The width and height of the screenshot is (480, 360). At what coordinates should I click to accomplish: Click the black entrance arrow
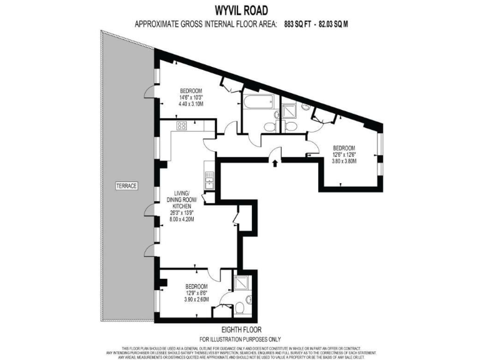tap(274, 162)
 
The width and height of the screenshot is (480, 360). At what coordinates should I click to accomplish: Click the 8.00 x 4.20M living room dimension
tap(182, 220)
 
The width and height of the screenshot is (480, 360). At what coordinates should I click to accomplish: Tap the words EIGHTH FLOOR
tap(241, 329)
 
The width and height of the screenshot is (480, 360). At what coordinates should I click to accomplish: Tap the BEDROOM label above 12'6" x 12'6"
tap(344, 147)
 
